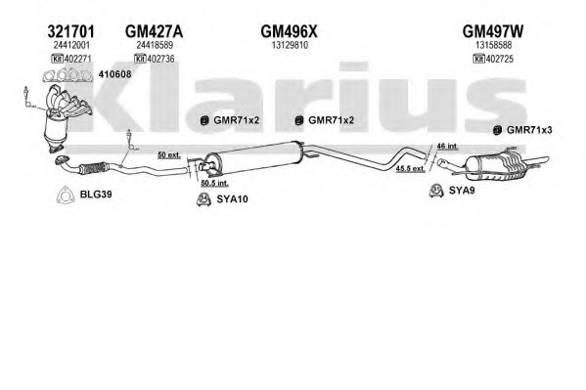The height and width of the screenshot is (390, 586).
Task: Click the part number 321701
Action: pos(71,31)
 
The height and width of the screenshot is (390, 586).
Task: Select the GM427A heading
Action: pos(154,31)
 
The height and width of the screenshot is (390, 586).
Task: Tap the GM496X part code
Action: pos(289,31)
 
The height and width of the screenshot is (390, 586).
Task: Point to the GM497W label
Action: pos(492,31)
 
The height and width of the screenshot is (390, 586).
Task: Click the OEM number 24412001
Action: pos(71,46)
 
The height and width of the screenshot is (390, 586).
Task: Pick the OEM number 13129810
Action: pos(290,46)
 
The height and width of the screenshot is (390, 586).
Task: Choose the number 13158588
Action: pos(493,46)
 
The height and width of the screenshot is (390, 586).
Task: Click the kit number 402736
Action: pos(160,59)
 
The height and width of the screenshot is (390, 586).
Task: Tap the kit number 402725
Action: pos(500,59)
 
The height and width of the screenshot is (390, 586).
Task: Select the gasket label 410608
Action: pos(114,74)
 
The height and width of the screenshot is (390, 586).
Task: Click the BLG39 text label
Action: pos(96,195)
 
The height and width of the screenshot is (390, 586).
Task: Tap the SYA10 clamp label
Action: pos(232,199)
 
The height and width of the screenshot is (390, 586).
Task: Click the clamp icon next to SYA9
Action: pos(436,191)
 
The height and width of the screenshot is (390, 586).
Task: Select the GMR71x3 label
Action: pos(529,130)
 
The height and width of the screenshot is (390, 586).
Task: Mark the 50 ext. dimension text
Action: pos(169,155)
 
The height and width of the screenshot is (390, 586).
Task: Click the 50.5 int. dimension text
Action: pos(214,184)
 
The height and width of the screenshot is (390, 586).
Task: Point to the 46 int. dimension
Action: pos(447,146)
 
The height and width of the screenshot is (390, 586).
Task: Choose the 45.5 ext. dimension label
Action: pos(410,169)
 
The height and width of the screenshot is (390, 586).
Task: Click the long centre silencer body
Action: pos(253,158)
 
